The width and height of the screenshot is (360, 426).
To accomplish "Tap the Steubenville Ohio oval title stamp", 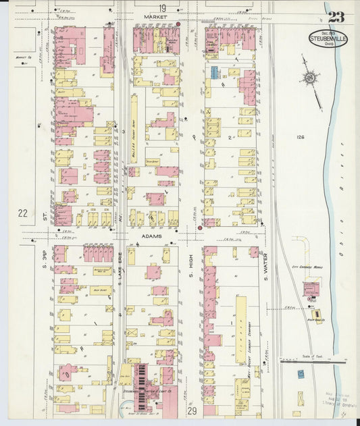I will (x=328, y=38).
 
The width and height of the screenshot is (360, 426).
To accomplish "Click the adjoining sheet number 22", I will (x=22, y=213).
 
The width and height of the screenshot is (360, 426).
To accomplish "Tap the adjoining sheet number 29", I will (x=192, y=410).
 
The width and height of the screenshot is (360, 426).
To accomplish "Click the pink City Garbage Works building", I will (x=311, y=290).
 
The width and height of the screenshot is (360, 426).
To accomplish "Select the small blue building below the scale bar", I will (x=301, y=373).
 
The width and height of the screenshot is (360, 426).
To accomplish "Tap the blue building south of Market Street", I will (x=214, y=72).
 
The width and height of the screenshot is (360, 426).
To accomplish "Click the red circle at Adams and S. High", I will (x=200, y=228).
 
